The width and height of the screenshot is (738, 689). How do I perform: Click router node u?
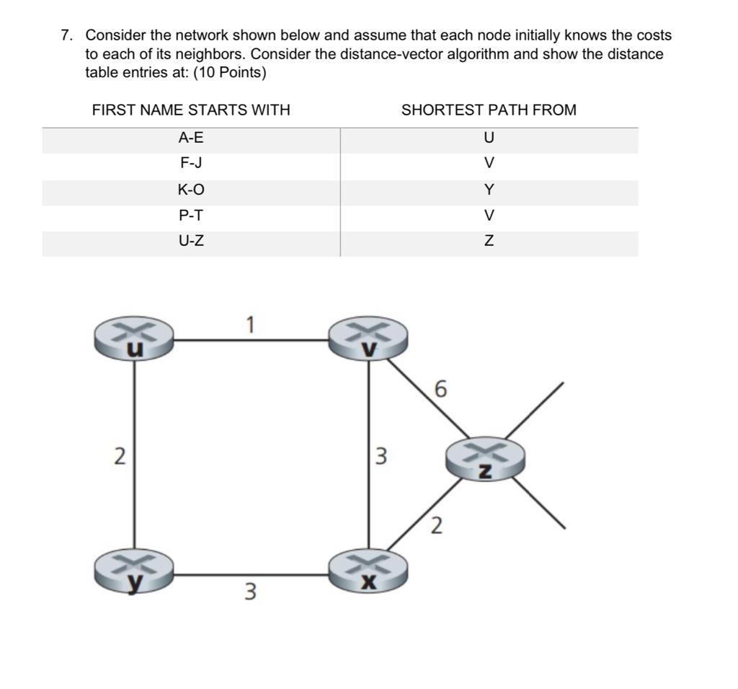134,338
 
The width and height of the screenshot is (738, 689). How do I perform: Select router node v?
368,338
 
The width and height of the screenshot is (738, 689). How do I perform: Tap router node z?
485,458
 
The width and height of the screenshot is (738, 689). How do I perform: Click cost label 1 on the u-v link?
249,325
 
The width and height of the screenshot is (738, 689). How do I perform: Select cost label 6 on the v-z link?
441,390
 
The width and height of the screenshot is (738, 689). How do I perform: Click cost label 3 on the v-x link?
381,456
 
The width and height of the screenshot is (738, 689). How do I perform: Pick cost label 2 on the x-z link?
436,526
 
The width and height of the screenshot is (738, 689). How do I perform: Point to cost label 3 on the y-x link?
249,592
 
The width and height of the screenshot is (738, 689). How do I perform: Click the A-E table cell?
191,137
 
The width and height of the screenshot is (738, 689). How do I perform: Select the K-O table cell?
191,190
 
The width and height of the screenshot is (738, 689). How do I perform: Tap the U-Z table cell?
191,241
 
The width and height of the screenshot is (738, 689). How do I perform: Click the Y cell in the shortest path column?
489,190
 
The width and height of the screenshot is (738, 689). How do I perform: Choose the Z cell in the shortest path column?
489,241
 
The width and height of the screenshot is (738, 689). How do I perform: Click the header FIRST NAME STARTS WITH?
191,110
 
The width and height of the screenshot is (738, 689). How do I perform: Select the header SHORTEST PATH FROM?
489,110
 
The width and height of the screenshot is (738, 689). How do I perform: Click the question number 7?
67,35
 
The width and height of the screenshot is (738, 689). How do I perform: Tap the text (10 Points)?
230,73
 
